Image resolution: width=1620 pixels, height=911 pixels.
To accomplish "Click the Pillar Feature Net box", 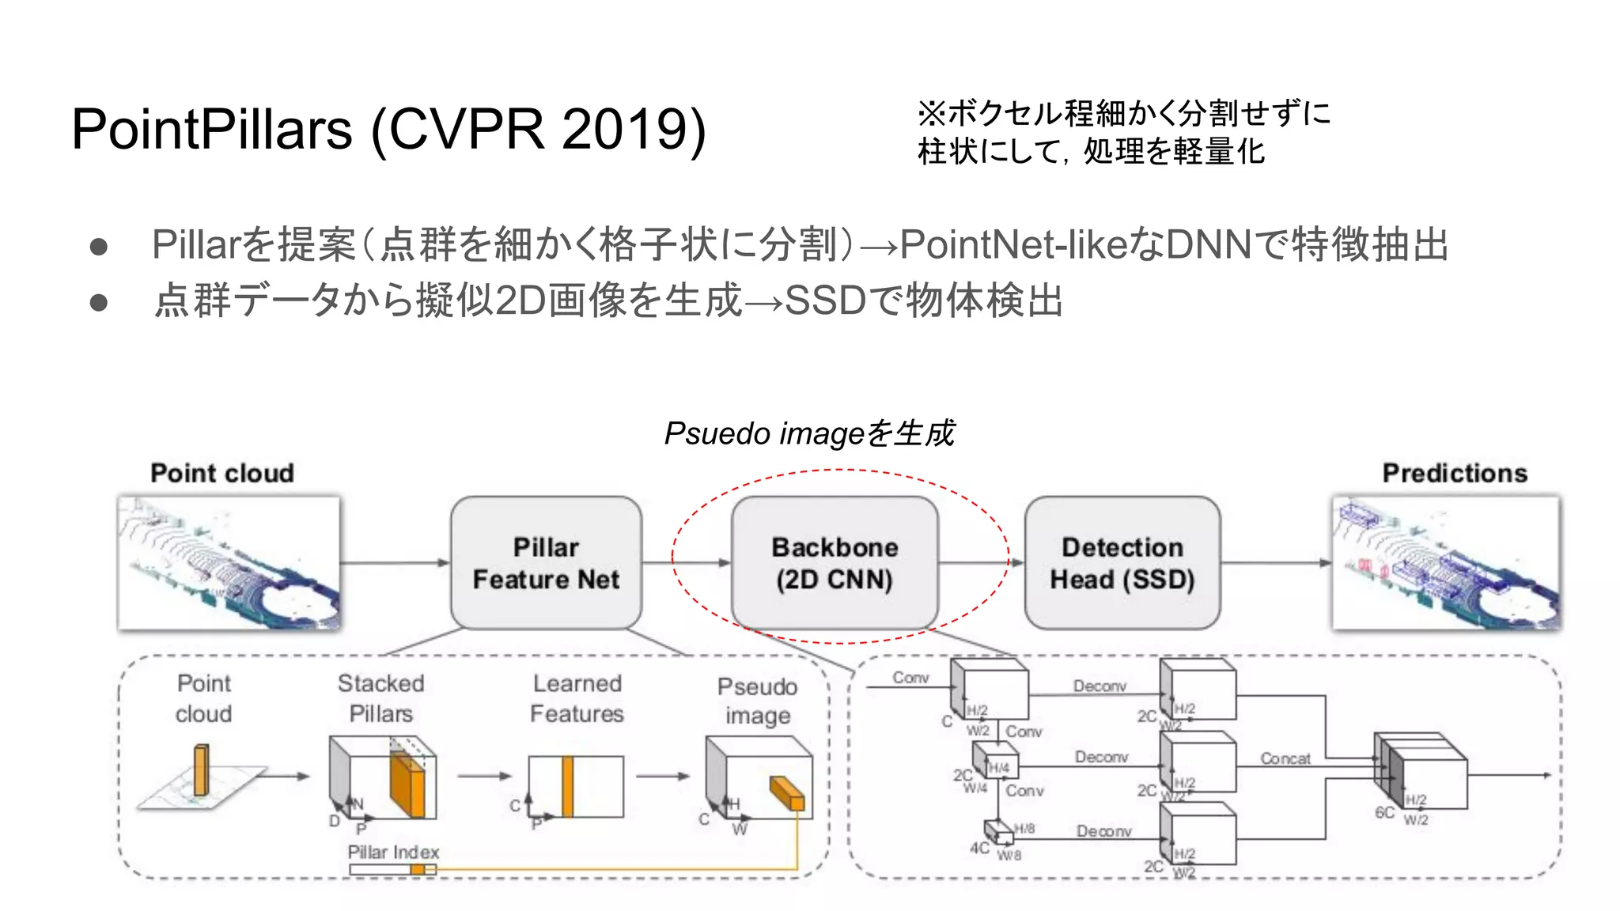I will [x=546, y=563].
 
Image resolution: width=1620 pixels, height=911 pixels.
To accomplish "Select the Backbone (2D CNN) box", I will [x=835, y=563].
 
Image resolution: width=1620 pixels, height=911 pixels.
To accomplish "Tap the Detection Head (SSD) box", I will [x=1122, y=563].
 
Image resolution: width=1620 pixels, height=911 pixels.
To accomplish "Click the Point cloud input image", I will [x=229, y=563].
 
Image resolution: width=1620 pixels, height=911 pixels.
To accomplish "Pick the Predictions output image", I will [x=1446, y=563].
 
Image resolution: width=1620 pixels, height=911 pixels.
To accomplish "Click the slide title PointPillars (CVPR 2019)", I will [x=388, y=129].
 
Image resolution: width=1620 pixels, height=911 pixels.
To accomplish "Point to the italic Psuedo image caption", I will [x=808, y=433].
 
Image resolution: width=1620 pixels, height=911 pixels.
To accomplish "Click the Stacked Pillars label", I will [x=380, y=698].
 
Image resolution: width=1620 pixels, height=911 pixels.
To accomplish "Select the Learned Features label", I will [x=577, y=698].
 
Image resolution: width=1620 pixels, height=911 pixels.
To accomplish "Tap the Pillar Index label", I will [x=393, y=852].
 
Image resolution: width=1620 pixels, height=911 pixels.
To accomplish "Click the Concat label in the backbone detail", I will [x=1285, y=758].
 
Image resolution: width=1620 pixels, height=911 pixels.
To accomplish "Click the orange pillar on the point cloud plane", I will [x=202, y=769].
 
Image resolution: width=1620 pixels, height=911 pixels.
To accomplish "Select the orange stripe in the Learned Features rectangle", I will [x=567, y=786].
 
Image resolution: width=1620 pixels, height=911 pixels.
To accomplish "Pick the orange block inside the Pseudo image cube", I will [x=788, y=793].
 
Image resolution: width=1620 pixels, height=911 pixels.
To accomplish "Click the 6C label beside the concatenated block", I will [x=1384, y=812].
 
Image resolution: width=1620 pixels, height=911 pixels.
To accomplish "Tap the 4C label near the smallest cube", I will [x=979, y=848].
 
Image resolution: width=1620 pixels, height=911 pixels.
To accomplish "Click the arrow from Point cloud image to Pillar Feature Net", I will [x=395, y=563].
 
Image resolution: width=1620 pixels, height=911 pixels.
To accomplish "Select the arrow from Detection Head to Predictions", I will [x=1276, y=563].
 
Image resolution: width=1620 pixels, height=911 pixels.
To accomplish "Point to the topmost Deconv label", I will [x=1100, y=686].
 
